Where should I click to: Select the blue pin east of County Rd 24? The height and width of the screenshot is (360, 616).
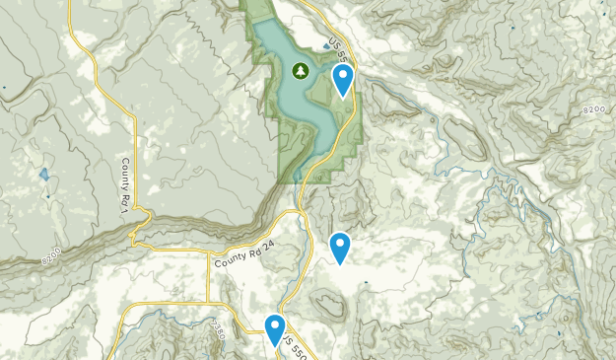tap(340, 247)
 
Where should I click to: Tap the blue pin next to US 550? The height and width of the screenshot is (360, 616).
tap(275, 328)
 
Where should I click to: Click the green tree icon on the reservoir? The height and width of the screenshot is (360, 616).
tap(301, 71)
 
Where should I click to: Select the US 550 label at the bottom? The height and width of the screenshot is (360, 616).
tap(293, 345)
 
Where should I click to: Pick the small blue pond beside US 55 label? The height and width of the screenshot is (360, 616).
tap(326, 45)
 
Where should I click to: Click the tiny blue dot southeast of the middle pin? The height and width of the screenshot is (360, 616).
tap(363, 284)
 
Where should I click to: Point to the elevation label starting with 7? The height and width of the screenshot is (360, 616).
tap(218, 327)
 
